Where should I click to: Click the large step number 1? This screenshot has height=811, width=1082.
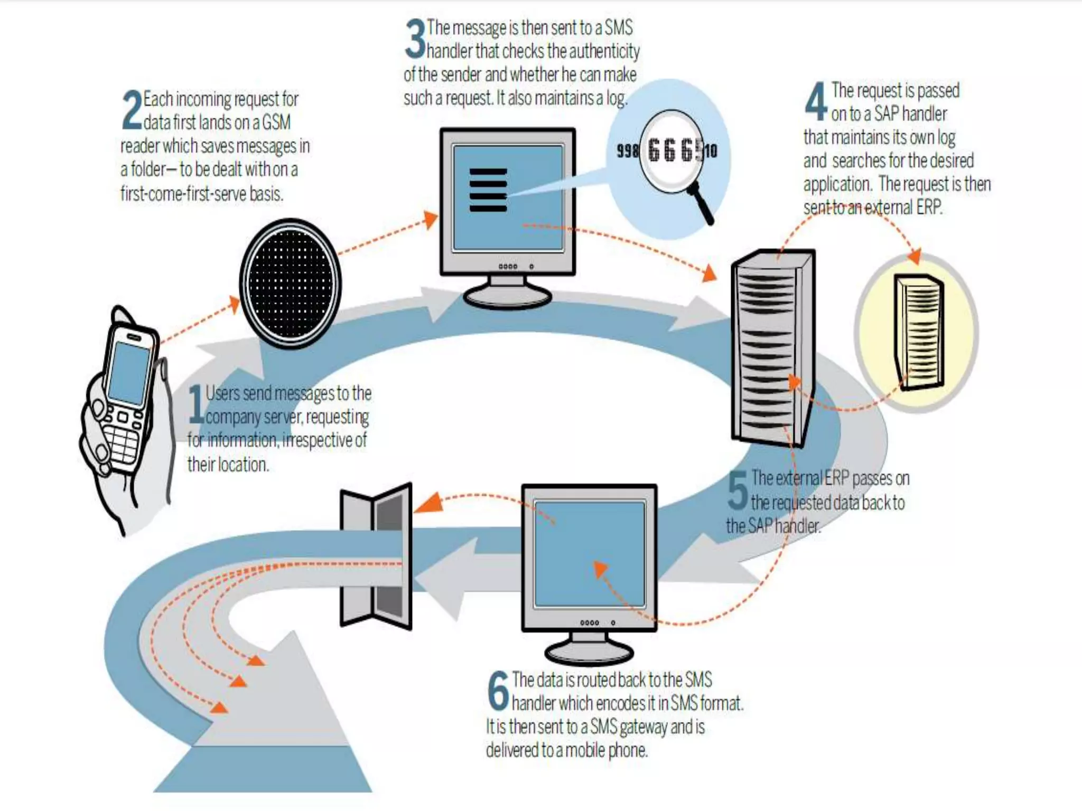196,404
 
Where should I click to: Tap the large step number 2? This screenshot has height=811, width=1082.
132,110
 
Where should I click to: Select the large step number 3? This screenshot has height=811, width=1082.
415,39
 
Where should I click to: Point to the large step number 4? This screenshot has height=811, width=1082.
816,101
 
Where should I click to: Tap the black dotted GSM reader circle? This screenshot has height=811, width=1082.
290,284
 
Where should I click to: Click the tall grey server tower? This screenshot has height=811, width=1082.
771,346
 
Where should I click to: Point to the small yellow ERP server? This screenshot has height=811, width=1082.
918,333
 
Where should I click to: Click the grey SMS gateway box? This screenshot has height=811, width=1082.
376,555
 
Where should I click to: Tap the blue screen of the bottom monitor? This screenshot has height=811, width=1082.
589,554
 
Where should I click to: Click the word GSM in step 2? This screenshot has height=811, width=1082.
276,122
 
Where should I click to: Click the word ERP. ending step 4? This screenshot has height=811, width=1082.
929,208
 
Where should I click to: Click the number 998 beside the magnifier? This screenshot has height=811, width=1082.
627,152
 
